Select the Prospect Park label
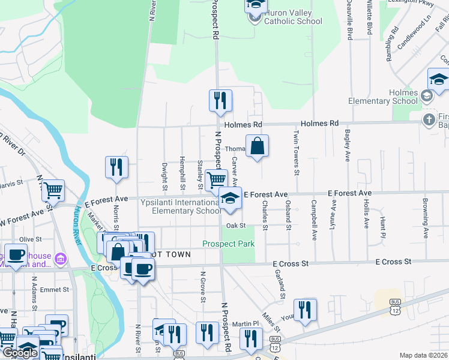point(228,244)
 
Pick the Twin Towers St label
point(296,152)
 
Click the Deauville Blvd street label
point(349,21)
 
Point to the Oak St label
point(237,226)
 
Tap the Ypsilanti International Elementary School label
point(181,206)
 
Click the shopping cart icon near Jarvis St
point(54,191)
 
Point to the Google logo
point(20,353)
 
